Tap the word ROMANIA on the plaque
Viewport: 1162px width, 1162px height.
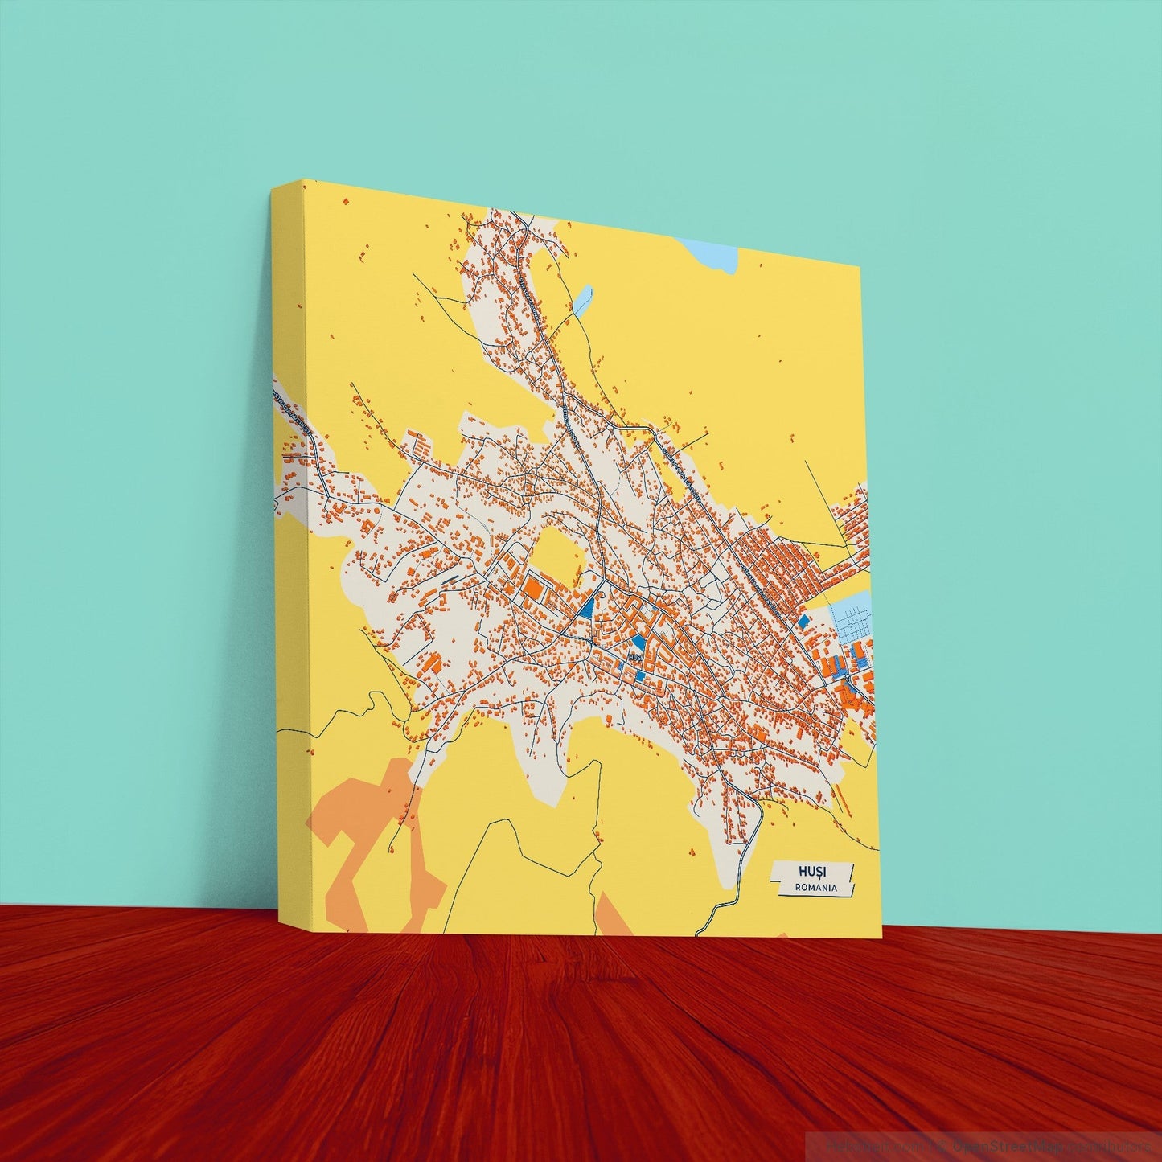pos(815,888)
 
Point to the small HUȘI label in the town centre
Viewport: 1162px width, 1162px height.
pos(635,657)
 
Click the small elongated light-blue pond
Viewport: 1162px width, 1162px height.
pos(582,298)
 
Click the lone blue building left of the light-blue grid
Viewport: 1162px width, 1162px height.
pos(803,620)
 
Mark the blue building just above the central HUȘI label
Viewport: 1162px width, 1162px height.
pos(638,642)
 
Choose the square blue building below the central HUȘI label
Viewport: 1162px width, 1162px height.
pos(639,676)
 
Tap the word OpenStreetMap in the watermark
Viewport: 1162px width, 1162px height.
pos(1005,1145)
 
